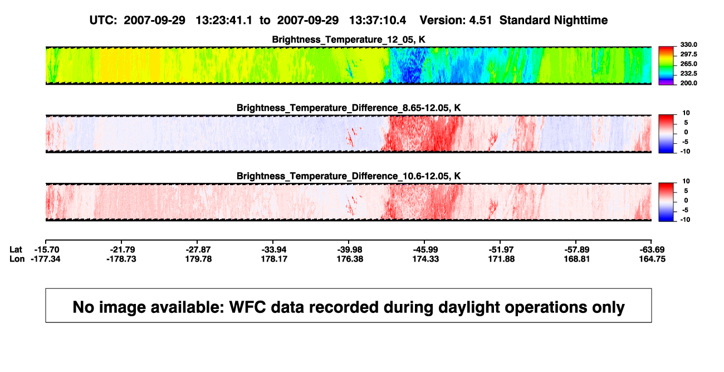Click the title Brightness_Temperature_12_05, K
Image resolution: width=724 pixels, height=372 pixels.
click(349, 40)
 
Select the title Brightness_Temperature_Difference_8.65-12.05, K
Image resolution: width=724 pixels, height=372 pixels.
click(349, 108)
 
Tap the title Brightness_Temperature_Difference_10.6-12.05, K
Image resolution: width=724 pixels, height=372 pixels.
click(349, 176)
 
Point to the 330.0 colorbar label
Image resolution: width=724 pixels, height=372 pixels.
click(688, 45)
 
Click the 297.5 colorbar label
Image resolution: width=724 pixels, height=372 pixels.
click(688, 54)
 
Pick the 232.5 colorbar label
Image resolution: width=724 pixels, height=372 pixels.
click(688, 74)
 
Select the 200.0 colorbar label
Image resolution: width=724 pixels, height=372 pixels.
click(688, 83)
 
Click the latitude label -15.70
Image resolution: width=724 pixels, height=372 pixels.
click(47, 250)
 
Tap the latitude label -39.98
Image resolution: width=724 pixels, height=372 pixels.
click(350, 250)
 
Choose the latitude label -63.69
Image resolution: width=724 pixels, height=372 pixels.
click(652, 250)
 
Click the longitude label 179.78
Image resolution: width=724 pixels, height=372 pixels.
click(198, 259)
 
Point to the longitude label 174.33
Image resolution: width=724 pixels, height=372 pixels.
click(425, 259)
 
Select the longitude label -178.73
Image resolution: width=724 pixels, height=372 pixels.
click(121, 259)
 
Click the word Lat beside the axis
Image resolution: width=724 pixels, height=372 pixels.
click(16, 250)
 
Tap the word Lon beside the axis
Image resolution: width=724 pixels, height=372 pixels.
click(17, 259)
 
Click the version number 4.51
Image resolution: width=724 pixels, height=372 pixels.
click(480, 21)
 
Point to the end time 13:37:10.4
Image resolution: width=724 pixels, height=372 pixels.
click(378, 21)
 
